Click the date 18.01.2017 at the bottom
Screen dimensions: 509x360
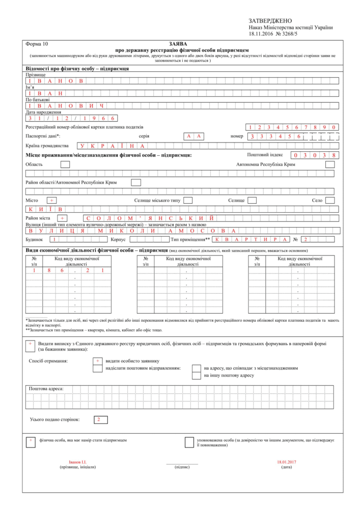pyautogui.click(x=287, y=462)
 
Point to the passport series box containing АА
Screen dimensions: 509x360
pyautogui.click(x=194, y=136)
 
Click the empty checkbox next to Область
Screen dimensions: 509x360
pyautogui.click(x=65, y=164)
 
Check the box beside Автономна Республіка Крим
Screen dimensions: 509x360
pyautogui.click(x=330, y=164)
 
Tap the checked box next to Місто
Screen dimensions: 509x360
pyautogui.click(x=52, y=201)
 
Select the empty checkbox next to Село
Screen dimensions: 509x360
pyautogui.click(x=330, y=201)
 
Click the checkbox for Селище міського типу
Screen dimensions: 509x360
pyautogui.click(x=188, y=201)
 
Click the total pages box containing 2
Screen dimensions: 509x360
pyautogui.click(x=100, y=419)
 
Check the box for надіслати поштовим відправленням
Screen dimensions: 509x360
pyautogui.click(x=97, y=369)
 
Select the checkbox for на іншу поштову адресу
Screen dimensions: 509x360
pyautogui.click(x=196, y=376)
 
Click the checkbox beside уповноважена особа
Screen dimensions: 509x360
pyautogui.click(x=188, y=441)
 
